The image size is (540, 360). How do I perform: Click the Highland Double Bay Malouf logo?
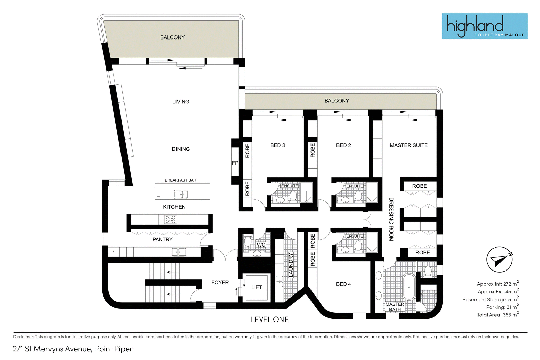point(485,26)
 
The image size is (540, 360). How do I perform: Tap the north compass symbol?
point(499,259)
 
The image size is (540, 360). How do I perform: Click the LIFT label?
point(256,287)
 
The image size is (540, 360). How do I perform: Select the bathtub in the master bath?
point(409,287)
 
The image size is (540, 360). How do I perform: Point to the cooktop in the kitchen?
point(170,219)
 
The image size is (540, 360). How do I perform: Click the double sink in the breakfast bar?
point(181,194)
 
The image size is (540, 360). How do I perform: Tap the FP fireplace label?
point(235,163)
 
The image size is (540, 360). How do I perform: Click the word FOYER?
point(220,283)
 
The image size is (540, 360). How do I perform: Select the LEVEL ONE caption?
point(270,319)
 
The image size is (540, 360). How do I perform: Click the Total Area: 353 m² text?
point(498,314)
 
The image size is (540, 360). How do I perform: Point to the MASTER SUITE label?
point(409,145)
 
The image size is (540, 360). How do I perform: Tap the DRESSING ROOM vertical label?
point(391,219)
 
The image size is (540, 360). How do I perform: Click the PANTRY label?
point(162,239)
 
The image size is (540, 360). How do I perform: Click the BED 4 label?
point(343,284)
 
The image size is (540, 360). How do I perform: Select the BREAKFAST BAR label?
point(181,180)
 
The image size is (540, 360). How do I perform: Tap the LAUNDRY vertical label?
point(291,265)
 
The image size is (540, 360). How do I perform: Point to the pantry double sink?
point(179,252)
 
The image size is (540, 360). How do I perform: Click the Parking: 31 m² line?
point(503,307)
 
